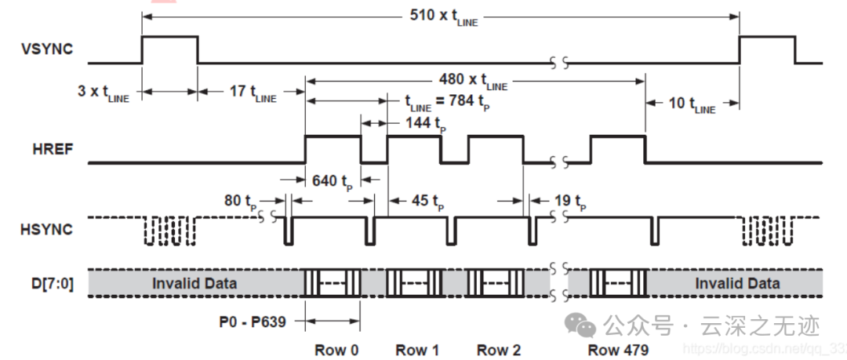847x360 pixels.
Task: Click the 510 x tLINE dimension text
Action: (443, 16)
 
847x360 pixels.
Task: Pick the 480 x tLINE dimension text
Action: (474, 81)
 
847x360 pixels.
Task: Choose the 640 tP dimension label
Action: (333, 180)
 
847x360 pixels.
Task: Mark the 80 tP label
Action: (240, 202)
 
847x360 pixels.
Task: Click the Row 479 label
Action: (617, 350)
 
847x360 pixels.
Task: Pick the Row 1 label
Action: (416, 350)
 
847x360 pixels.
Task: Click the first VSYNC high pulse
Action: (169, 49)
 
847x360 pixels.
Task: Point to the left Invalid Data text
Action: (194, 282)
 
